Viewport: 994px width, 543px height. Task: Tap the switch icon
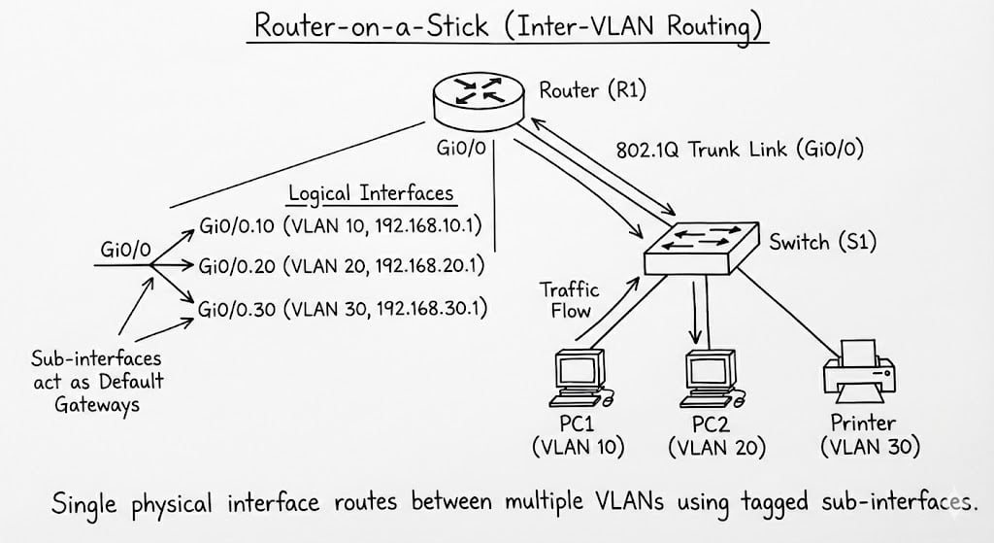pyautogui.click(x=699, y=243)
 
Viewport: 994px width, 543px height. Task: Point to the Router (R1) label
pyautogui.click(x=592, y=91)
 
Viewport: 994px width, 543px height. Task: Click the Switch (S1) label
pyautogui.click(x=822, y=242)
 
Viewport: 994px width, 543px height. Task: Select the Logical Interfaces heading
pyautogui.click(x=371, y=192)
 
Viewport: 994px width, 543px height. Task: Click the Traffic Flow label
pyautogui.click(x=570, y=300)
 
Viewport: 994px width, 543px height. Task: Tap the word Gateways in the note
pyautogui.click(x=97, y=404)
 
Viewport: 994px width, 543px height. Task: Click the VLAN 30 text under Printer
pyautogui.click(x=870, y=448)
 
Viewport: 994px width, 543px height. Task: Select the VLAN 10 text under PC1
pyautogui.click(x=579, y=447)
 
